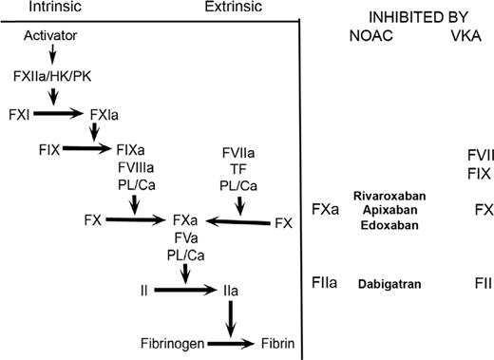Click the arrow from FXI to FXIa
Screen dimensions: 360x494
(x=59, y=113)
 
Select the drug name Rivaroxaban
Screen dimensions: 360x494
(x=389, y=195)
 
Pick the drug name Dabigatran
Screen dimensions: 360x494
(x=389, y=284)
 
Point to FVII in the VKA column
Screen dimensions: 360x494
(x=478, y=154)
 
